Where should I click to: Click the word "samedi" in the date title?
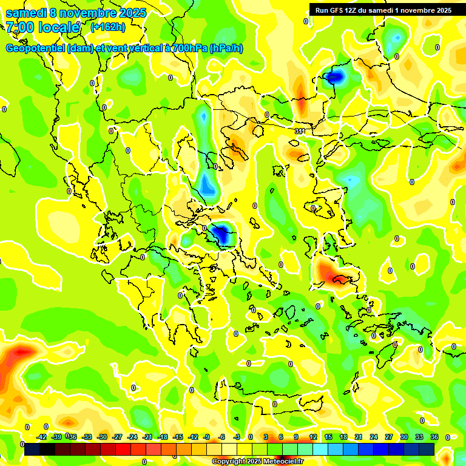tap(25, 13)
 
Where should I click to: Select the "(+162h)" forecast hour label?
tap(107, 27)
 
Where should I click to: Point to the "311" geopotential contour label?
tap(300, 131)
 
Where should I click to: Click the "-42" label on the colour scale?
tap(41, 437)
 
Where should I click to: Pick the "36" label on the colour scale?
tap(434, 437)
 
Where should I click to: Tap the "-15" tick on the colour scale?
tap(178, 437)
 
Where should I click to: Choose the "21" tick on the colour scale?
tap(359, 437)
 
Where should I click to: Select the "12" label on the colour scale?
tap(313, 437)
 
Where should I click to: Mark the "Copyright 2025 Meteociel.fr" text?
tap(257, 462)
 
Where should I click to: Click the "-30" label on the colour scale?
tap(102, 437)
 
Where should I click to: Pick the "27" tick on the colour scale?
tap(389, 437)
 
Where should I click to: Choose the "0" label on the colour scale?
tap(251, 437)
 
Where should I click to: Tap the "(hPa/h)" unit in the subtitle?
tap(226, 49)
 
